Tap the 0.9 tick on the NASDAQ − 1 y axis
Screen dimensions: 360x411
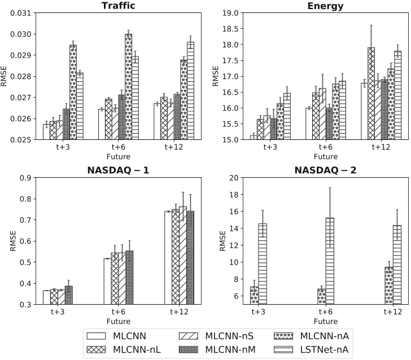28,178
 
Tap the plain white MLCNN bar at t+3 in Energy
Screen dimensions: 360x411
254,137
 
